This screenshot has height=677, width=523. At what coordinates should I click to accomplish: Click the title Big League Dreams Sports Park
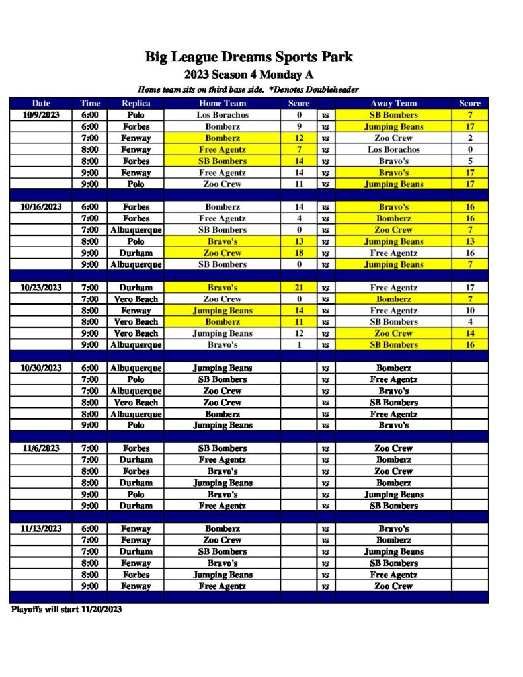tap(249, 57)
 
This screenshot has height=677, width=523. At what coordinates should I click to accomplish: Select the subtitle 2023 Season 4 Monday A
tap(249, 74)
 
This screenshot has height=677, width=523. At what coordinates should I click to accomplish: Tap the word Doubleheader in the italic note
tap(327, 89)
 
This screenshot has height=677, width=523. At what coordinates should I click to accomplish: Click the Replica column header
tap(136, 103)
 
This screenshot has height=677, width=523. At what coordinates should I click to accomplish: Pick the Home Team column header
tap(222, 103)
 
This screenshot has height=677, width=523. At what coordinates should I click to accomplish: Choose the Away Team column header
tap(393, 103)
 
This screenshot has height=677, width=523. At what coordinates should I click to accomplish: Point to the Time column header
tap(90, 103)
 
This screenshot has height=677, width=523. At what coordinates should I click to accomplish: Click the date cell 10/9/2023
tap(41, 115)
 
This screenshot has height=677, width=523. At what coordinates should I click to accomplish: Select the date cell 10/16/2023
tap(41, 207)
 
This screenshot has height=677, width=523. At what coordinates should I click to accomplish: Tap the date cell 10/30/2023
tap(41, 368)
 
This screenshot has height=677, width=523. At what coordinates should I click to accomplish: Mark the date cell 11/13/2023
tap(41, 529)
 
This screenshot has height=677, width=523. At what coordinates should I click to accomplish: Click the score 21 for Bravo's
tap(299, 288)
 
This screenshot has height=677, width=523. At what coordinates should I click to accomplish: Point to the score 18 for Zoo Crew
tap(299, 253)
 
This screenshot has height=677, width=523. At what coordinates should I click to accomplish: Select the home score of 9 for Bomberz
tap(299, 126)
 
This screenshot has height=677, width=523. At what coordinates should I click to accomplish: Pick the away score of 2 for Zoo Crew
tap(470, 138)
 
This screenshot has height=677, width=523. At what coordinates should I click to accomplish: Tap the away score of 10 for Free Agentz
tap(470, 311)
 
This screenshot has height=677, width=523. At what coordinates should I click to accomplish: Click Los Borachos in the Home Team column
tap(222, 115)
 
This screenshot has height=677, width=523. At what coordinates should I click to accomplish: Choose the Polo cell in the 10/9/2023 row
tap(136, 115)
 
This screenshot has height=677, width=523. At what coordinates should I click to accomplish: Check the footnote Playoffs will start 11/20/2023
tap(66, 610)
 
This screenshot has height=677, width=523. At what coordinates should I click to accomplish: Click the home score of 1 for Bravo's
tap(299, 345)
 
